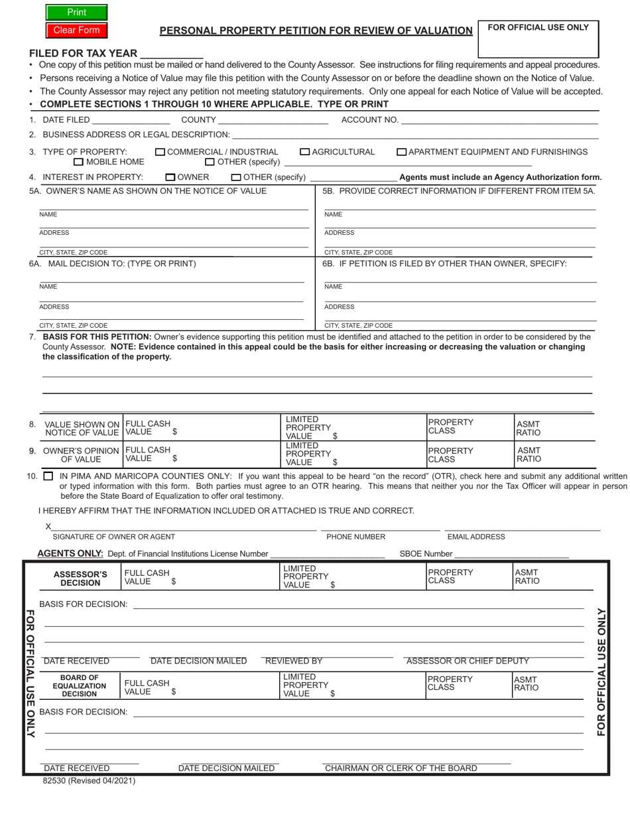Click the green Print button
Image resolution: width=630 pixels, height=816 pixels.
[76, 13]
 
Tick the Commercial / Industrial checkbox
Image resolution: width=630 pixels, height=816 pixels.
[160, 152]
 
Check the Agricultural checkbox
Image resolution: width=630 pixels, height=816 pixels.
[305, 152]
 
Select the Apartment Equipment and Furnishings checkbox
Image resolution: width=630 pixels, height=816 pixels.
[401, 152]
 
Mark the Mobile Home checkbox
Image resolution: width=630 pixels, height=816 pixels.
[78, 162]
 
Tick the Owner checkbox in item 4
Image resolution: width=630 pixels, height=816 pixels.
[170, 177]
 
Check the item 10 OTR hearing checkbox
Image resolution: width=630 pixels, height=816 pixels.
[48, 476]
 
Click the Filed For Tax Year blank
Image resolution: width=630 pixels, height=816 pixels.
[171, 53]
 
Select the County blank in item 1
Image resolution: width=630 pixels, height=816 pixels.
[273, 120]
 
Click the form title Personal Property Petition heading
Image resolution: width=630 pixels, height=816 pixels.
[316, 31]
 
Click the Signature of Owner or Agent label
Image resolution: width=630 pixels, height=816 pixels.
[113, 537]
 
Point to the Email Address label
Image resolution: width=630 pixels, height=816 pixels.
[476, 537]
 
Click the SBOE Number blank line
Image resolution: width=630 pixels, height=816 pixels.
[511, 553]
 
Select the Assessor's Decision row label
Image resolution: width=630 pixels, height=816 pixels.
[80, 578]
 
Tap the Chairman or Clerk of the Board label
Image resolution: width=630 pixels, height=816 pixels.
[401, 768]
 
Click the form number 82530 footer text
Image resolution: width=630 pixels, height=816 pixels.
[89, 781]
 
